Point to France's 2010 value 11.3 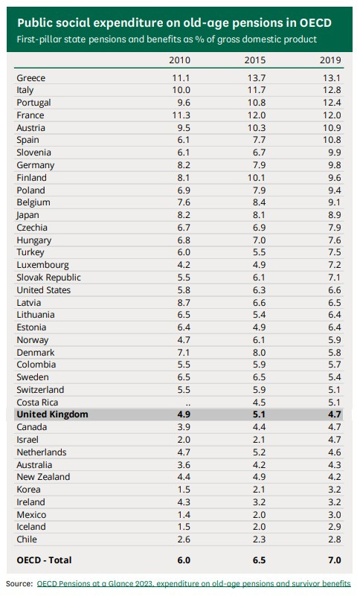182,115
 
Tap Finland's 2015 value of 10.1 256,178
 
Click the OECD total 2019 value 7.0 332,559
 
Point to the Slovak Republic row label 48,278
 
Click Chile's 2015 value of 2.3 257,539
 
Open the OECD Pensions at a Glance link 193,583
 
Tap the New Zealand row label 43,477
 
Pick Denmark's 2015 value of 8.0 257,352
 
